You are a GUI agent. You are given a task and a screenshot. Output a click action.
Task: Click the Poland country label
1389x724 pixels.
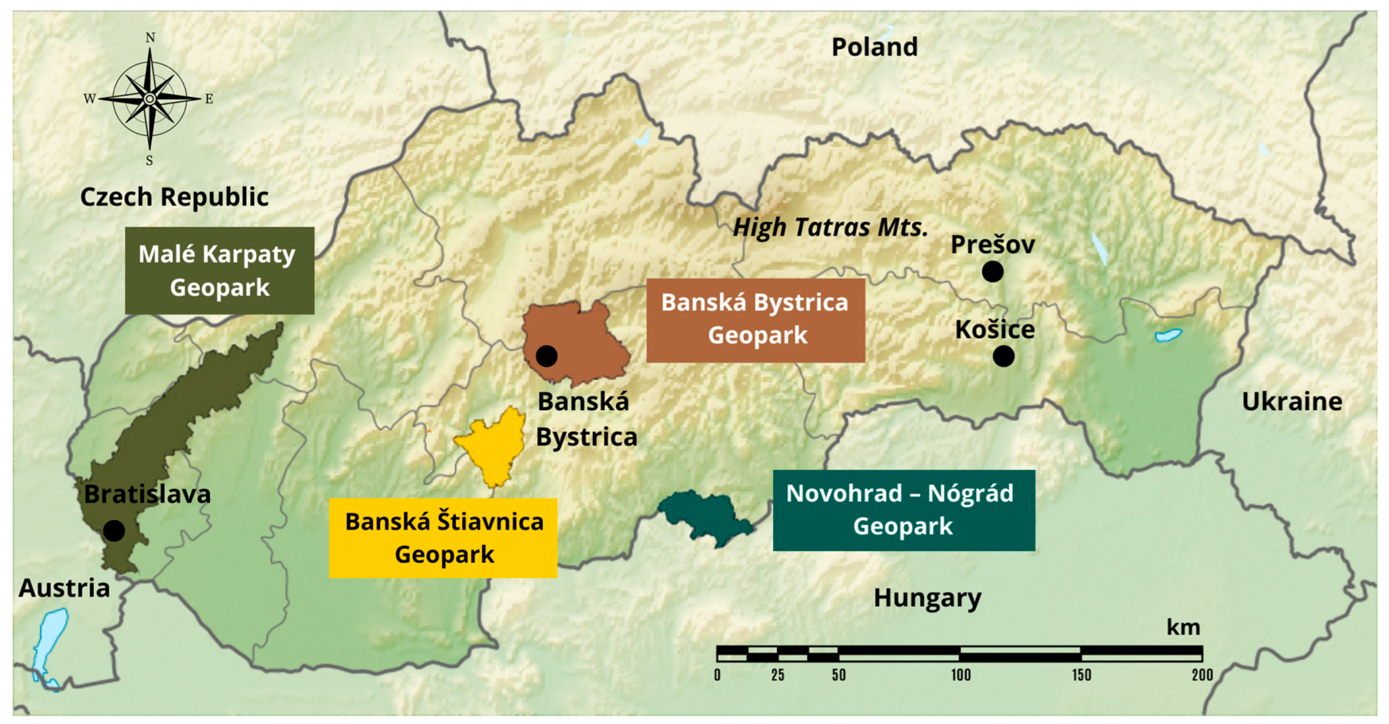874,47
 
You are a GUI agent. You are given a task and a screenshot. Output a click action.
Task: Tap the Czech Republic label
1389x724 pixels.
174,197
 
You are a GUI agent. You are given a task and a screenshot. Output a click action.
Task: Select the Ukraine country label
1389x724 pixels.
1291,402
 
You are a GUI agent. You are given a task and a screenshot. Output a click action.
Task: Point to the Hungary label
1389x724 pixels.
927,598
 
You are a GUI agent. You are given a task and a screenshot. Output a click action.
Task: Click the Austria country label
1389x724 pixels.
64,588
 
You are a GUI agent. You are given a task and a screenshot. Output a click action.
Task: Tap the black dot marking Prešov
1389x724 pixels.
992,271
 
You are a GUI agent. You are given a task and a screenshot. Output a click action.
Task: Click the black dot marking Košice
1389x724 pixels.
1003,356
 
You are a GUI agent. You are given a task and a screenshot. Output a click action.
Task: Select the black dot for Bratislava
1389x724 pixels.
114,531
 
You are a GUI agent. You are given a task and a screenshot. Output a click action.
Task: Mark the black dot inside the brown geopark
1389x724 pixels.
546,356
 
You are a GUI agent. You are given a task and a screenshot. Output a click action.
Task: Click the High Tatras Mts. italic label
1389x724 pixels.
830,227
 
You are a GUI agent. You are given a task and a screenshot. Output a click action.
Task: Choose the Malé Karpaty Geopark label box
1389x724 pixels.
219,271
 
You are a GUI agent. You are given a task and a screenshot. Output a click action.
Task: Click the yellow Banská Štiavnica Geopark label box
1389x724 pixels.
443,538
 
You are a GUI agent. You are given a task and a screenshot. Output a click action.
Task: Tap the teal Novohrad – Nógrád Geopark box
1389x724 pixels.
903,510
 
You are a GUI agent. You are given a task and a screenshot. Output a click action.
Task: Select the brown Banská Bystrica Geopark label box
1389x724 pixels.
755,320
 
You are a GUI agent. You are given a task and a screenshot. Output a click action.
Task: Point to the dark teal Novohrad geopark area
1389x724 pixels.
704,517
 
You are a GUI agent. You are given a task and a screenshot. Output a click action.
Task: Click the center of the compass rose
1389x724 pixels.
150,99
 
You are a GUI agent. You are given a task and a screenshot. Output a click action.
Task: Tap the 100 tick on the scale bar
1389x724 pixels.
960,675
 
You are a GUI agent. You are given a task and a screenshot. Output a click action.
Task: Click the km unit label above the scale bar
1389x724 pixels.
1183,627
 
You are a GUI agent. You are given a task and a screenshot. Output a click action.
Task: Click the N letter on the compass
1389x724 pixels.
150,38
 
